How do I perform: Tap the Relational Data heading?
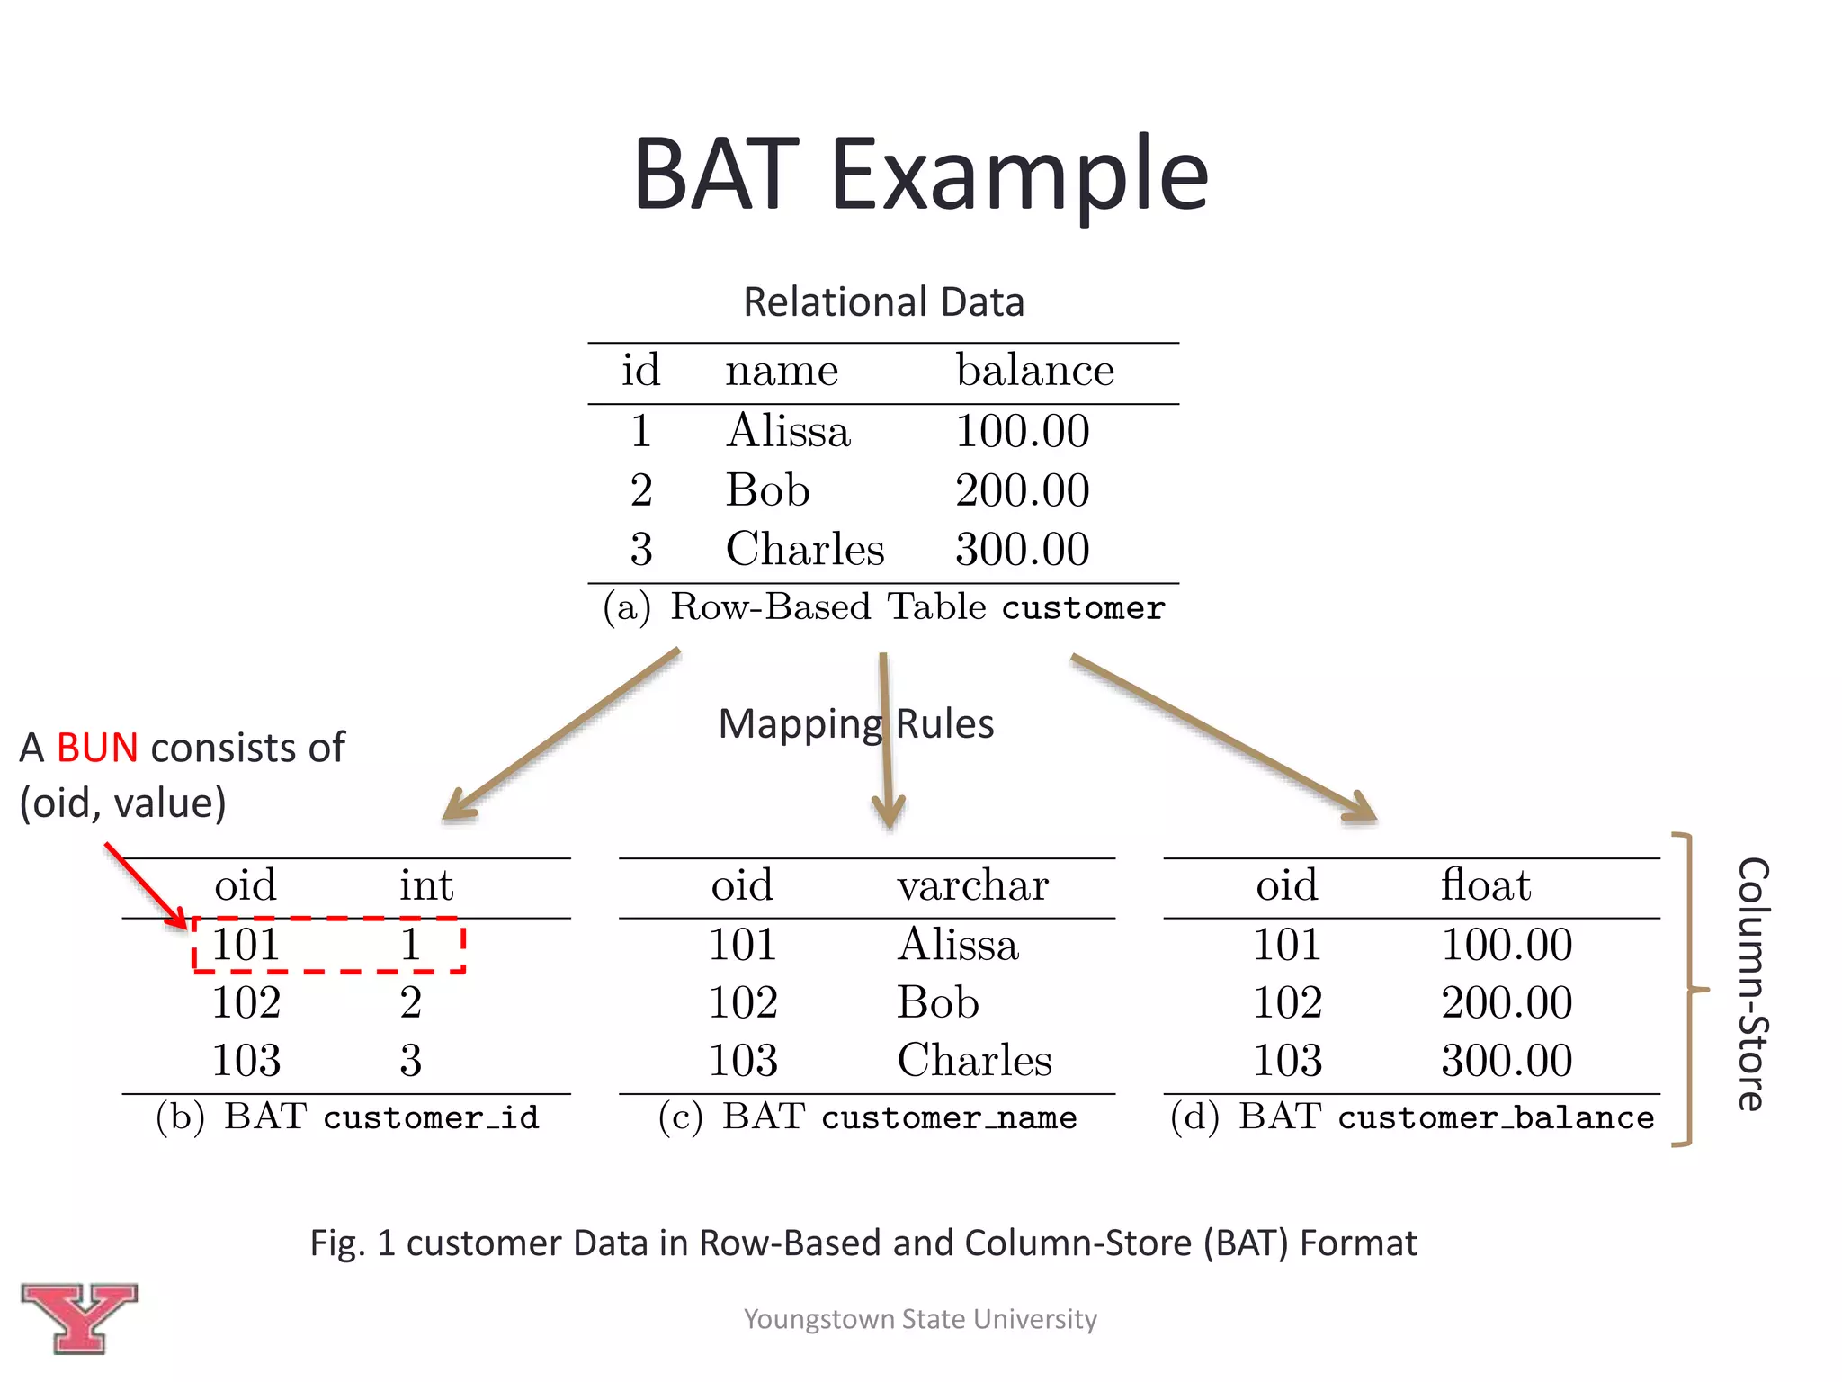883,302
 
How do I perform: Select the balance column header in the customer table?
1034,370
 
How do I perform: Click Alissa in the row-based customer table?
788,431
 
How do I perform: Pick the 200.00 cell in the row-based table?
1022,490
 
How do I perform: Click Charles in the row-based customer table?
804,549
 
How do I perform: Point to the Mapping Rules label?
855,724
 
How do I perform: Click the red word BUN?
97,748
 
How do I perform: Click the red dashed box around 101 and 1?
328,945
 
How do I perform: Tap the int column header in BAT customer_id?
426,885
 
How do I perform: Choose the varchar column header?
972,885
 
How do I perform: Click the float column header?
1485,885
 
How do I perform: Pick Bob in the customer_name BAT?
937,1002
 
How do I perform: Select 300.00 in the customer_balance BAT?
1507,1060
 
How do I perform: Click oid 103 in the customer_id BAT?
246,1060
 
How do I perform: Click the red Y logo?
79,1317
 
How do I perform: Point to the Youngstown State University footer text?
920,1319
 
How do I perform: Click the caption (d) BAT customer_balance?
1411,1117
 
